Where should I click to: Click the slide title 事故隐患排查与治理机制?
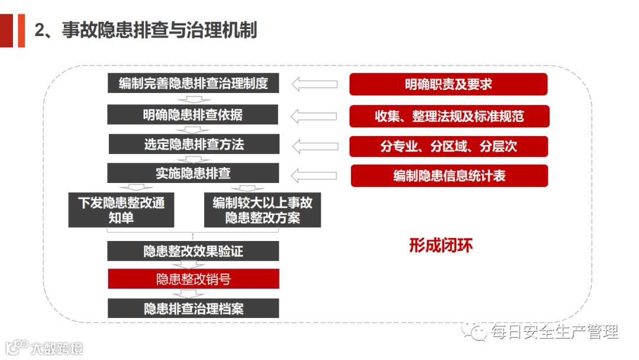pyautogui.click(x=146, y=30)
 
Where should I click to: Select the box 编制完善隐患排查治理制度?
pyautogui.click(x=193, y=83)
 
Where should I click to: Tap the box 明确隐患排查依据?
pyautogui.click(x=192, y=114)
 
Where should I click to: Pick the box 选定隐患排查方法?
pyautogui.click(x=194, y=144)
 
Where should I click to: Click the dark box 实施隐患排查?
pyautogui.click(x=193, y=173)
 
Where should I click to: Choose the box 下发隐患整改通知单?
pyautogui.click(x=121, y=210)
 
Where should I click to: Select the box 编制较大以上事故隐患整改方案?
pyautogui.click(x=262, y=210)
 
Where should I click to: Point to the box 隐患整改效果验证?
pyautogui.click(x=193, y=251)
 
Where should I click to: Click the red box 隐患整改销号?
pyautogui.click(x=193, y=279)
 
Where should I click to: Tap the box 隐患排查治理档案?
pyautogui.click(x=193, y=308)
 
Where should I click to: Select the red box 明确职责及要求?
pyautogui.click(x=448, y=84)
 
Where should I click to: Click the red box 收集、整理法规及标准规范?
pyautogui.click(x=449, y=116)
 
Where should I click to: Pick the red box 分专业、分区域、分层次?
pyautogui.click(x=448, y=146)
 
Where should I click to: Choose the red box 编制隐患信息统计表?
pyautogui.click(x=449, y=176)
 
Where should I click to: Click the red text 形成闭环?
pyautogui.click(x=441, y=245)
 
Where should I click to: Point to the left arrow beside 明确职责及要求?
pyautogui.click(x=315, y=84)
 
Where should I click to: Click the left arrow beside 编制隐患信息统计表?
pyautogui.click(x=315, y=175)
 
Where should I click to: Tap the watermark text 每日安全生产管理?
pyautogui.click(x=554, y=332)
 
